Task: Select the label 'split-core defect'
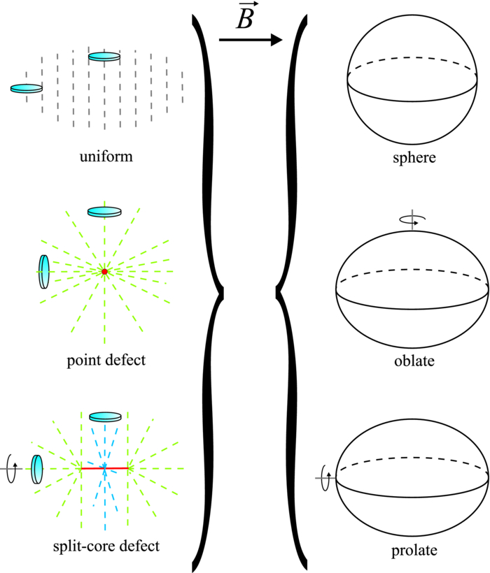[x=105, y=545]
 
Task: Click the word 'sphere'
[x=415, y=157]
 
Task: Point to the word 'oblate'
[x=415, y=361]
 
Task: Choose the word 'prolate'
[x=414, y=551]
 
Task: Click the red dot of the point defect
[x=104, y=271]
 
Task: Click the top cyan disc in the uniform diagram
[x=104, y=57]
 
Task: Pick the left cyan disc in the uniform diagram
[x=27, y=89]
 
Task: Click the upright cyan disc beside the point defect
[x=44, y=271]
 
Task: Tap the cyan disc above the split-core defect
[x=106, y=416]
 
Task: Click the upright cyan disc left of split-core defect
[x=36, y=467]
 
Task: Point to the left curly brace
[x=209, y=286]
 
